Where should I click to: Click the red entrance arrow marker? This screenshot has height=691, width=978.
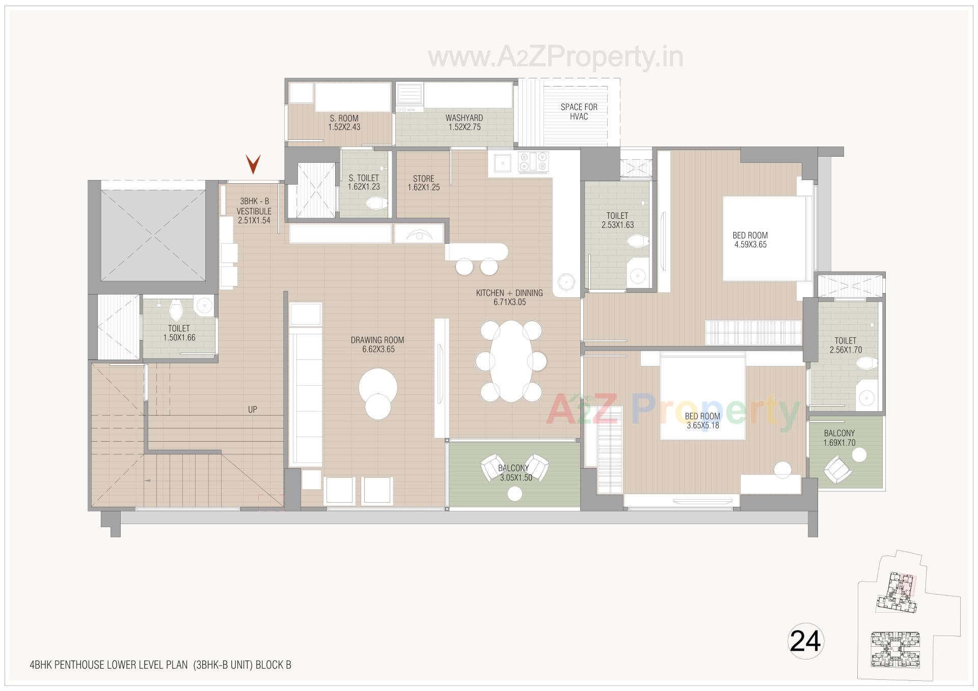(253, 164)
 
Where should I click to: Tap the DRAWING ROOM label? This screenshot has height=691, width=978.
(377, 340)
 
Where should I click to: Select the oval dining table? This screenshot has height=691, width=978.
(511, 361)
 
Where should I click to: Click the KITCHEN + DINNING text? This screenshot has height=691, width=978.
(509, 293)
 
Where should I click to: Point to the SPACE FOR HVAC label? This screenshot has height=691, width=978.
(579, 111)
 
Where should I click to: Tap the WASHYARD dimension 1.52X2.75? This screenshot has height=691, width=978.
(464, 127)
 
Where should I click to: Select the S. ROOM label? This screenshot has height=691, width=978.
(344, 119)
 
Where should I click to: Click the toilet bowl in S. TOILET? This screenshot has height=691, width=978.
(376, 204)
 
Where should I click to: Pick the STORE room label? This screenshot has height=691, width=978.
(423, 179)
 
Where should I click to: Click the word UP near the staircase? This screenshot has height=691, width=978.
(252, 409)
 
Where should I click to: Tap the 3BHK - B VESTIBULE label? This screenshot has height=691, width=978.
(254, 206)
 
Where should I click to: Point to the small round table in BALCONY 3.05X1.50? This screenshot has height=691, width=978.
(515, 494)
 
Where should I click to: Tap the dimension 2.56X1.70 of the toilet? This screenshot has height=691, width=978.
(845, 350)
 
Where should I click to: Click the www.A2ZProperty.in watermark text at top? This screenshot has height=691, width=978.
(555, 57)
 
